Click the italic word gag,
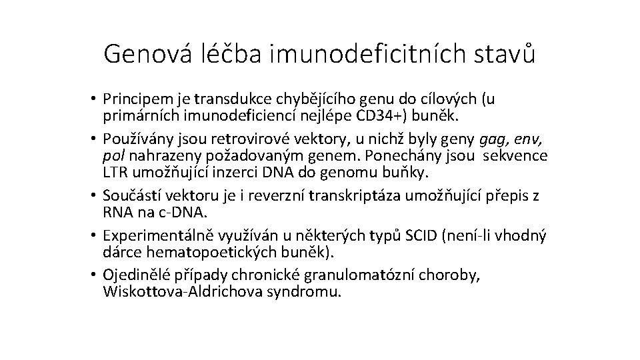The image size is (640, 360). click(x=493, y=140)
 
